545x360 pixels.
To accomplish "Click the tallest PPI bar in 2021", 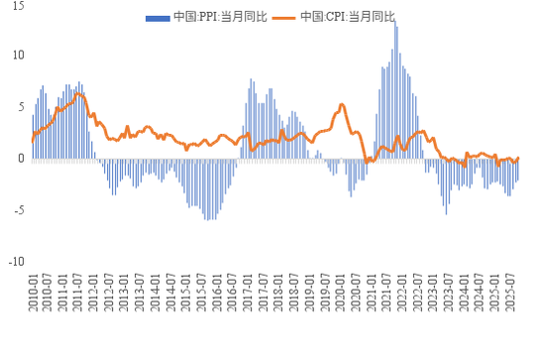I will (x=395, y=22).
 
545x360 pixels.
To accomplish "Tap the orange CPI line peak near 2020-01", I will (x=342, y=103).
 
